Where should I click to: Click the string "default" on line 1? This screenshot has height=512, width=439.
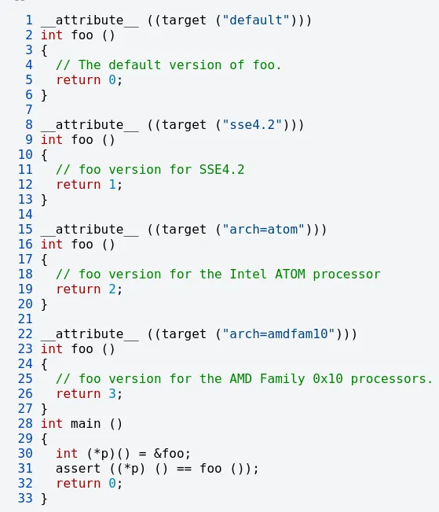click(256, 20)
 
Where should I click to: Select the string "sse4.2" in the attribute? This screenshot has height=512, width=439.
click(252, 125)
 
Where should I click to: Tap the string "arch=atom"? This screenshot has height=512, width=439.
click(264, 229)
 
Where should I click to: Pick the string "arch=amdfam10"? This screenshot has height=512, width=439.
click(279, 333)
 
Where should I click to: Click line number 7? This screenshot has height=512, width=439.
click(29, 110)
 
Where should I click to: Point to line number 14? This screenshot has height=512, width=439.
click(25, 214)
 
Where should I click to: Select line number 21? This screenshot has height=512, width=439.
click(25, 319)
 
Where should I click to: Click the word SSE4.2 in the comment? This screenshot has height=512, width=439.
click(221, 169)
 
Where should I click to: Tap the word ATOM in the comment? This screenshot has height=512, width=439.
click(290, 274)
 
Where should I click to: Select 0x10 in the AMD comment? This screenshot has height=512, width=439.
click(327, 378)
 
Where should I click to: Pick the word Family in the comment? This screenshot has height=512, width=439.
click(283, 379)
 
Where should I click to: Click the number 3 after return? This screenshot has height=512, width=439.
click(112, 393)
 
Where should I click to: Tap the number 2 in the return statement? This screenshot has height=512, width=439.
click(112, 289)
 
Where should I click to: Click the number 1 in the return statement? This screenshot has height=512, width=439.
click(112, 185)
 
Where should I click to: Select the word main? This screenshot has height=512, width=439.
click(86, 423)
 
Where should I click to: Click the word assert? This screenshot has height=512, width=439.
click(78, 469)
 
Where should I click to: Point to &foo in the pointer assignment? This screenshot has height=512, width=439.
click(169, 453)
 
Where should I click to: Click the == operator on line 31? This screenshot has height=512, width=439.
click(184, 469)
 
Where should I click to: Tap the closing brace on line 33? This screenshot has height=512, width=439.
click(44, 499)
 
